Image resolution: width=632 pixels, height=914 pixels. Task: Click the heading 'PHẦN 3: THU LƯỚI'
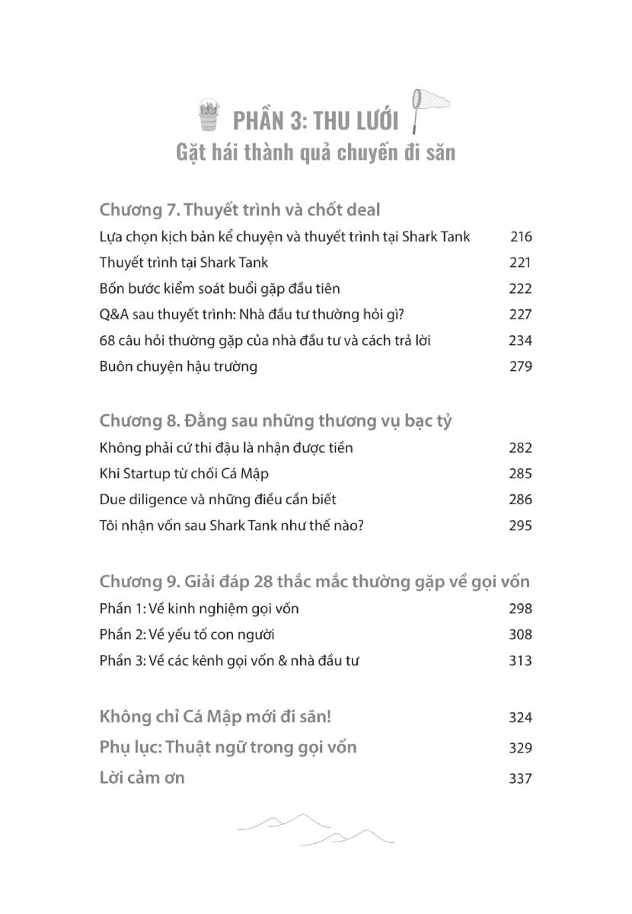point(315,120)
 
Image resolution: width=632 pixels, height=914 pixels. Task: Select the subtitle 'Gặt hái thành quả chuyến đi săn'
point(315,152)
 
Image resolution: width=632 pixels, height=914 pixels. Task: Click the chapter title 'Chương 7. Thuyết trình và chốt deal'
point(240,209)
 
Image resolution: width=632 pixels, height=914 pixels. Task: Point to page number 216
point(521,237)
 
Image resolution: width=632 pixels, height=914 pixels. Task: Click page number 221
point(521,263)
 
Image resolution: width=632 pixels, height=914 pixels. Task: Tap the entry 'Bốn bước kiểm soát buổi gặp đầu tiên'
point(219,289)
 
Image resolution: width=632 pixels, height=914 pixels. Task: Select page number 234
point(521,340)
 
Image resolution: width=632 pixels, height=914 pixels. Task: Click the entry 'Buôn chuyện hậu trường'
point(178,366)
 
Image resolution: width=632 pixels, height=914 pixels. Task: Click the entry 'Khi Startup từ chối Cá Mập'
point(184,474)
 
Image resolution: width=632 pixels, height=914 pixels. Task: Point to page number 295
point(521,526)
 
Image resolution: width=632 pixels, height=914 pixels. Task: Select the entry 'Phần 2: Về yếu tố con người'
point(187,634)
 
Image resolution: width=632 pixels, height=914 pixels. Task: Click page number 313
point(521,660)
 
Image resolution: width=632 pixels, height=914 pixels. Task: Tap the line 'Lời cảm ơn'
point(142,778)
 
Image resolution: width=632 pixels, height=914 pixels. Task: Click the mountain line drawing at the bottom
point(315,829)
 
